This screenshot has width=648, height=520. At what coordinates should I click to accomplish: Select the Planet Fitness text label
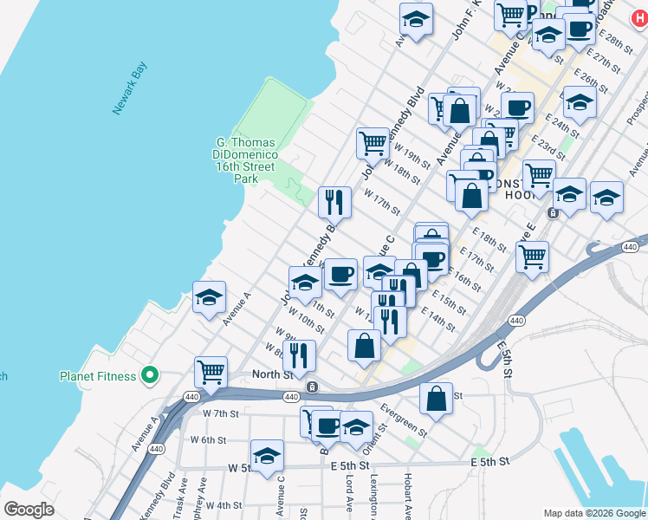pyautogui.click(x=98, y=376)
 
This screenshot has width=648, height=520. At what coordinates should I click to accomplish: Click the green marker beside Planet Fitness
pyautogui.click(x=150, y=376)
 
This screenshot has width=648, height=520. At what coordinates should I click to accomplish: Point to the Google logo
pyautogui.click(x=29, y=510)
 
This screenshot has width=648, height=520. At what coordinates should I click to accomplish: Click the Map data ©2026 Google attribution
pyautogui.click(x=593, y=512)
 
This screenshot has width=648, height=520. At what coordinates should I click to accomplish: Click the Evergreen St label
pyautogui.click(x=404, y=419)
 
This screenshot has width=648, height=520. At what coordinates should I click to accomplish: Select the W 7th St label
pyautogui.click(x=220, y=413)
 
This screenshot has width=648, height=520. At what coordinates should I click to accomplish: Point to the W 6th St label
pyautogui.click(x=209, y=439)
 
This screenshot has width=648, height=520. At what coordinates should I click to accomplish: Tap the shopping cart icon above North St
pyautogui.click(x=211, y=372)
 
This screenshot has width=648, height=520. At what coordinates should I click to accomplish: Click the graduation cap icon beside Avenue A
pyautogui.click(x=209, y=297)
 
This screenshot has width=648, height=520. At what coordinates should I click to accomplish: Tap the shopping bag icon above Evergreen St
pyautogui.click(x=436, y=398)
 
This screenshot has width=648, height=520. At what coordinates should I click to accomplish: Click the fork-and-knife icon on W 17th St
pyautogui.click(x=334, y=202)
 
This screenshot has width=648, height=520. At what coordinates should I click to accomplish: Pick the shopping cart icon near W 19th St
pyautogui.click(x=373, y=143)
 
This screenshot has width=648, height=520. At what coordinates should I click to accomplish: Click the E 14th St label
pyautogui.click(x=438, y=319)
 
